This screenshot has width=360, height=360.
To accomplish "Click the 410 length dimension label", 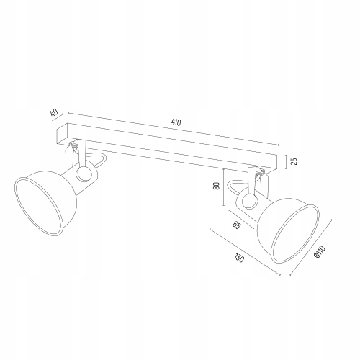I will pos(176,122).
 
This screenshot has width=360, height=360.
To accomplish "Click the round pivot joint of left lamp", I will pos(84,174).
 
